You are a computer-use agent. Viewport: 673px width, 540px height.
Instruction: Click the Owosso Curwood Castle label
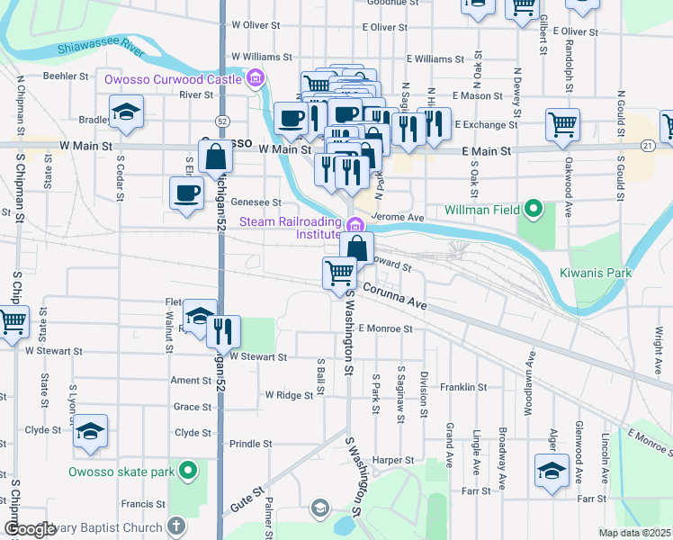point(173,79)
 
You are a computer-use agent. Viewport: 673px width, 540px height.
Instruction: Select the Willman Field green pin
point(534,210)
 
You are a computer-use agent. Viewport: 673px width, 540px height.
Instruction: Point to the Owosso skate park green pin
point(188,470)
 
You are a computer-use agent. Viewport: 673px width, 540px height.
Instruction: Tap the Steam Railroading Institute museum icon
point(355,225)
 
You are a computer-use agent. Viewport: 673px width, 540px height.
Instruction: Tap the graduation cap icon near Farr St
point(552,469)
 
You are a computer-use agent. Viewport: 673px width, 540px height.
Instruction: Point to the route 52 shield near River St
point(221,120)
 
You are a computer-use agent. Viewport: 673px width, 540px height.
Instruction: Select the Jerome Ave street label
point(396,218)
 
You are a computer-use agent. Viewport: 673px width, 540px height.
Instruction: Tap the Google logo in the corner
point(31,529)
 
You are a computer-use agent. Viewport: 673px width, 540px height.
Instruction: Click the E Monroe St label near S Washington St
point(384,328)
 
